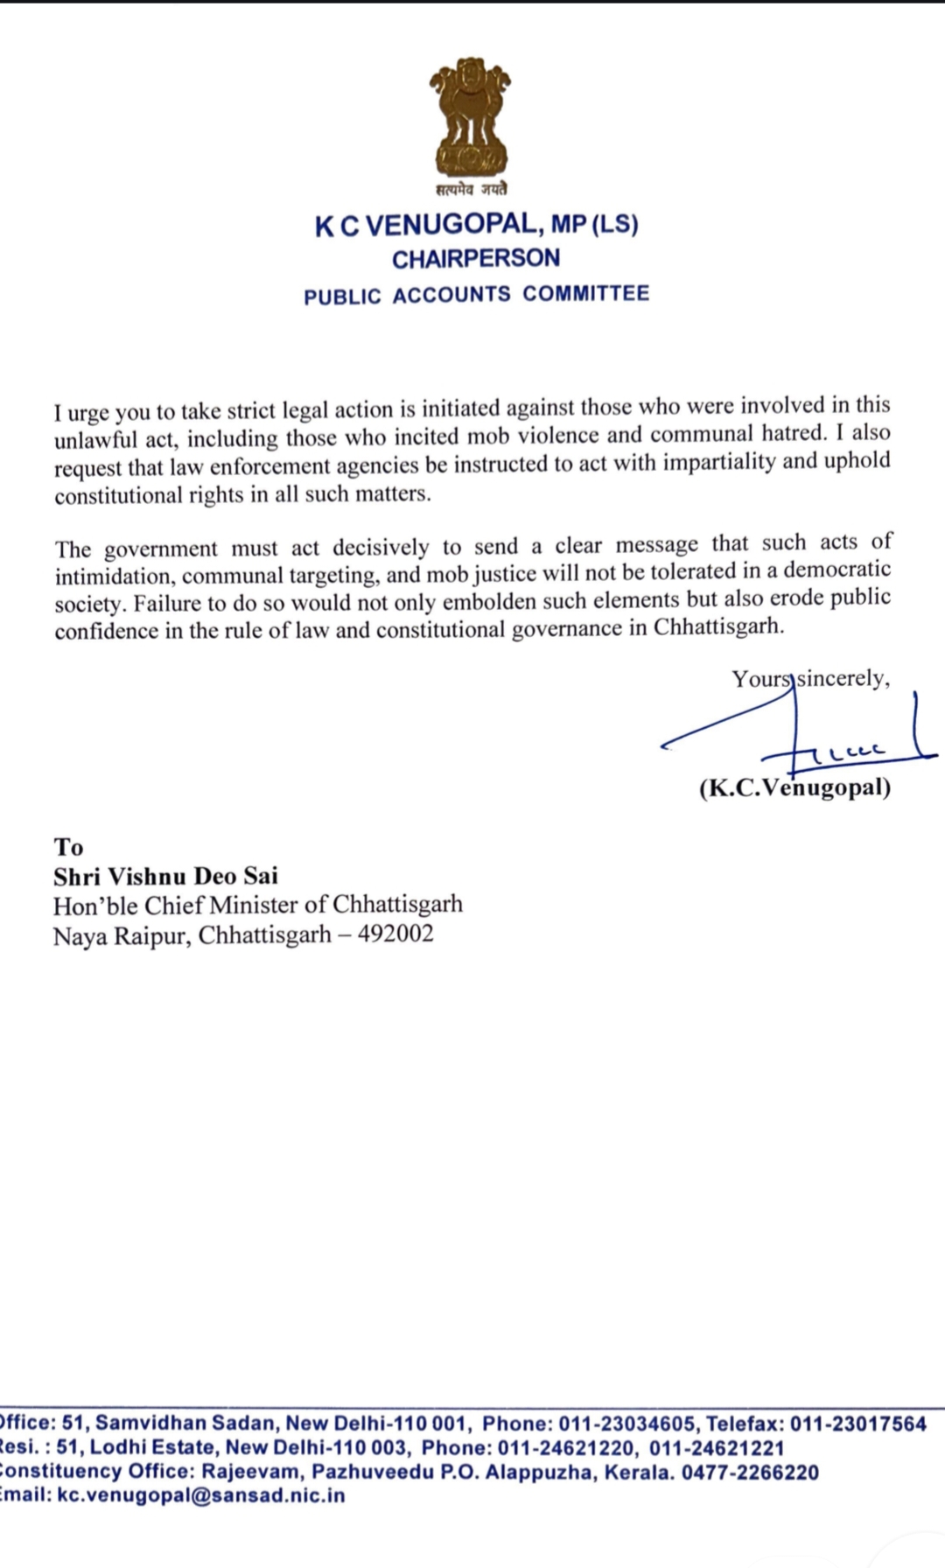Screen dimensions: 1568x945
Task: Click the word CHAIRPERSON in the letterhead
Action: [476, 259]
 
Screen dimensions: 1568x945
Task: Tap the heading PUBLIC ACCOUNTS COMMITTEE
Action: [477, 295]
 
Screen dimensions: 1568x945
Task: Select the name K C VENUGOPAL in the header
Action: [426, 226]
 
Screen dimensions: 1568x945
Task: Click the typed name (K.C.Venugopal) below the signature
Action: [794, 788]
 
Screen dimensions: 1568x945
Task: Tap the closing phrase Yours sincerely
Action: [811, 679]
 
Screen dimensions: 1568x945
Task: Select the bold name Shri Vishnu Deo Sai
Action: [165, 876]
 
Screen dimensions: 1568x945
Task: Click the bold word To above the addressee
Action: [68, 847]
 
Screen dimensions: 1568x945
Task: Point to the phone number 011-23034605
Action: [628, 1424]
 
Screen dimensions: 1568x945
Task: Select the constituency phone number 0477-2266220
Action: [750, 1472]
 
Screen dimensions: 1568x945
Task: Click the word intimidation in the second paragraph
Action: [112, 577]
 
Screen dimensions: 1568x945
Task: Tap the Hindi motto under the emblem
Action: [471, 189]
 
